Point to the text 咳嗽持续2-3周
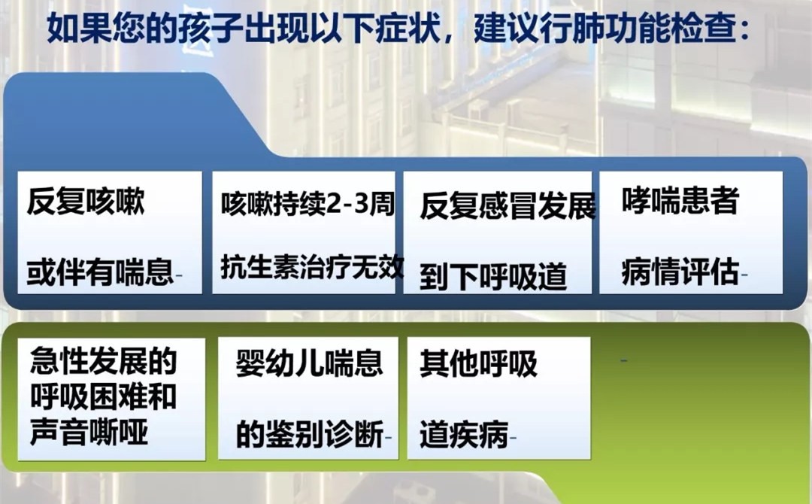(308, 204)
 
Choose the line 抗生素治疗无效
(312, 267)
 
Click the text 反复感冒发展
(507, 205)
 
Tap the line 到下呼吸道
(493, 277)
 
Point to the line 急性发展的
(104, 360)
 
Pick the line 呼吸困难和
(104, 396)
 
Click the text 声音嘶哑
(89, 432)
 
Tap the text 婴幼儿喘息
(309, 363)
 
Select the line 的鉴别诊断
(310, 433)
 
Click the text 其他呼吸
(478, 363)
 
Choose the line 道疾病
(464, 434)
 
